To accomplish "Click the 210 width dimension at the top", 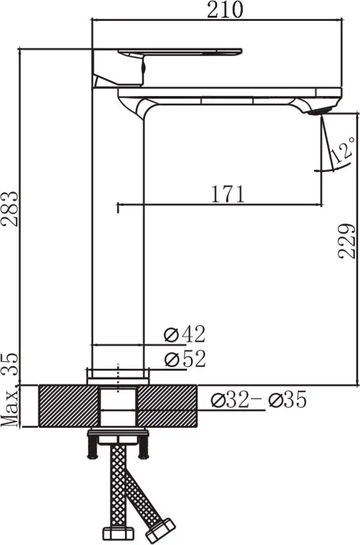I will (x=225, y=10).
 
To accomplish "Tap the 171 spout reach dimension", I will (x=228, y=194).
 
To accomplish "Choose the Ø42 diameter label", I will (x=184, y=335).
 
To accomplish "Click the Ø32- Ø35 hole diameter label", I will (x=258, y=400).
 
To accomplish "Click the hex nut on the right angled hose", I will (x=160, y=531).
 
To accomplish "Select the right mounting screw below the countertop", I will (x=144, y=449).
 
